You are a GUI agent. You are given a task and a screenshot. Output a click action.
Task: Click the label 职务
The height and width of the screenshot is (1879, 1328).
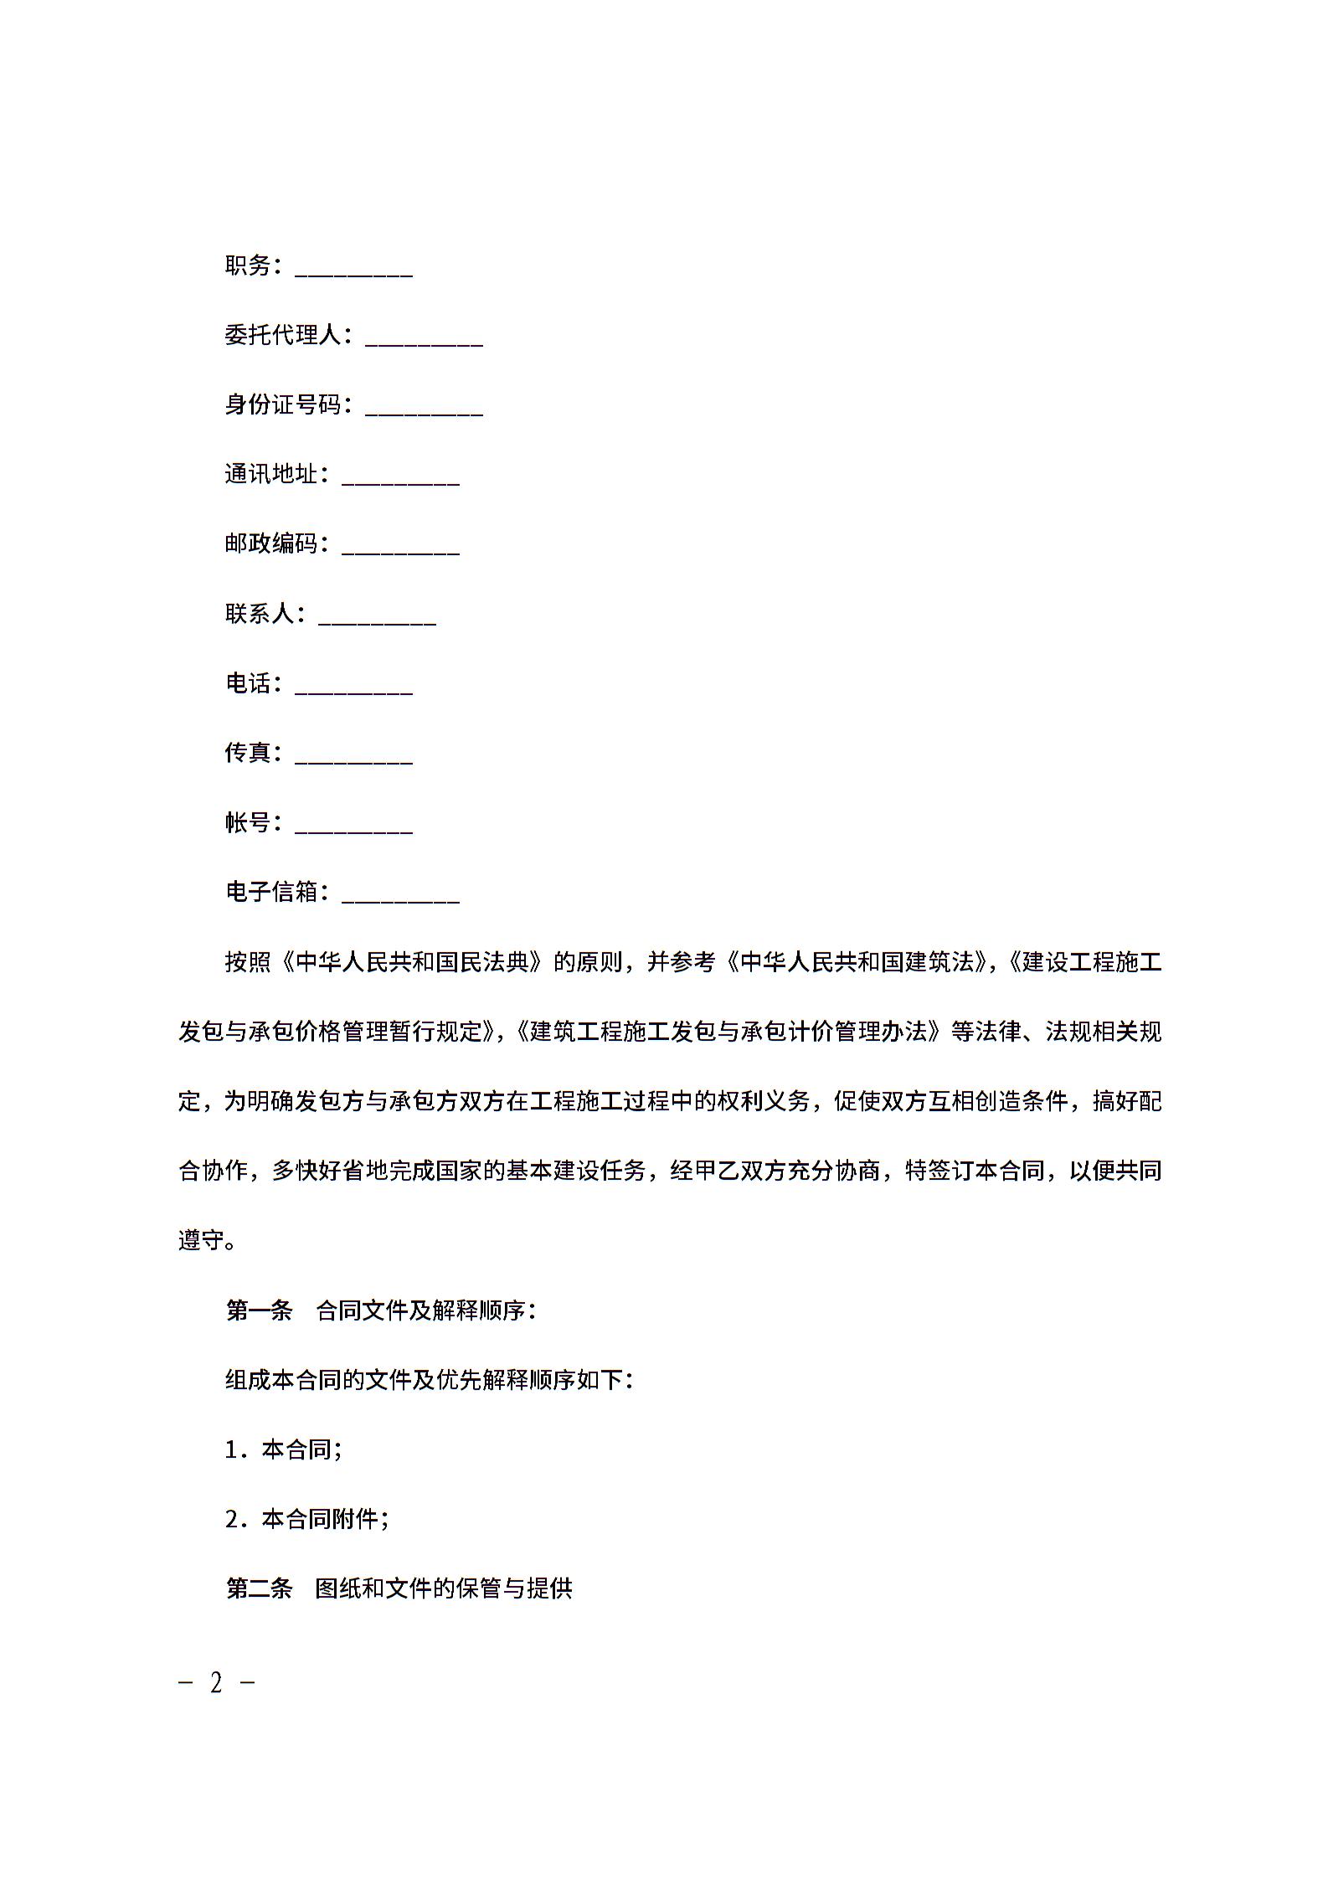(x=248, y=265)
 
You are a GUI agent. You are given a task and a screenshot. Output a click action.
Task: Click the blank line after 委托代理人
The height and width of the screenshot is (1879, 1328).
(x=424, y=339)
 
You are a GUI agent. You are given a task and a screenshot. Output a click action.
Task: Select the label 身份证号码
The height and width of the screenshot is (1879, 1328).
(x=283, y=404)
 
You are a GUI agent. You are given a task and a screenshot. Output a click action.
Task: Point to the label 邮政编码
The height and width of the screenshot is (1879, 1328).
(x=271, y=543)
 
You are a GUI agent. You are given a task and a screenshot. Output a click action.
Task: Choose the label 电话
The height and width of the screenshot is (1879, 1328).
(x=248, y=683)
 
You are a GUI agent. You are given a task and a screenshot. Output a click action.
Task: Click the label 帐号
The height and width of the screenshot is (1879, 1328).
(x=248, y=822)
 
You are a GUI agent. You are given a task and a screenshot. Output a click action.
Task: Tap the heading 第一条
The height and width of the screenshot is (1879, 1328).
(x=259, y=1310)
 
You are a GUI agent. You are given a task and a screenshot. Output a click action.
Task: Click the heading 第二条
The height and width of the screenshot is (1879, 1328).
(x=259, y=1588)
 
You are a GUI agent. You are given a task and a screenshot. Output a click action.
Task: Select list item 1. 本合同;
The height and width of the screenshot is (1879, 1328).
(x=283, y=1449)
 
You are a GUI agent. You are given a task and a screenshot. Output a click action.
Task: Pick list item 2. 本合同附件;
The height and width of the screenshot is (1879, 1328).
(x=306, y=1519)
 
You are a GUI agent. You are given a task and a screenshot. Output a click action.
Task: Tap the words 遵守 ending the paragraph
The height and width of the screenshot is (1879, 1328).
(x=201, y=1240)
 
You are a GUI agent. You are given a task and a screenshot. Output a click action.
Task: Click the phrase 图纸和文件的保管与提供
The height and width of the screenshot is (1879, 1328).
(x=444, y=1588)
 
